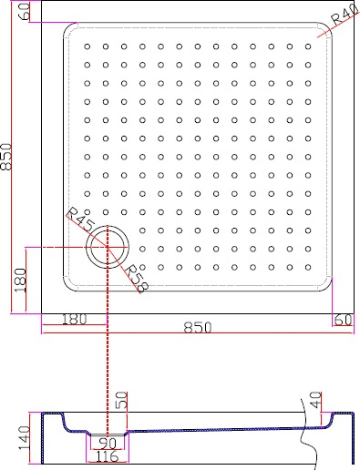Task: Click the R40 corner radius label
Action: point(343,17)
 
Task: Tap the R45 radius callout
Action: point(79,220)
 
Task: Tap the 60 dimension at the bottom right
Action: point(343,320)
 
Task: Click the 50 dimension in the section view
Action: point(123,402)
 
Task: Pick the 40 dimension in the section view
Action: point(315,400)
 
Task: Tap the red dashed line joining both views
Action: point(108,364)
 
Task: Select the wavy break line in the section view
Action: point(310,437)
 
